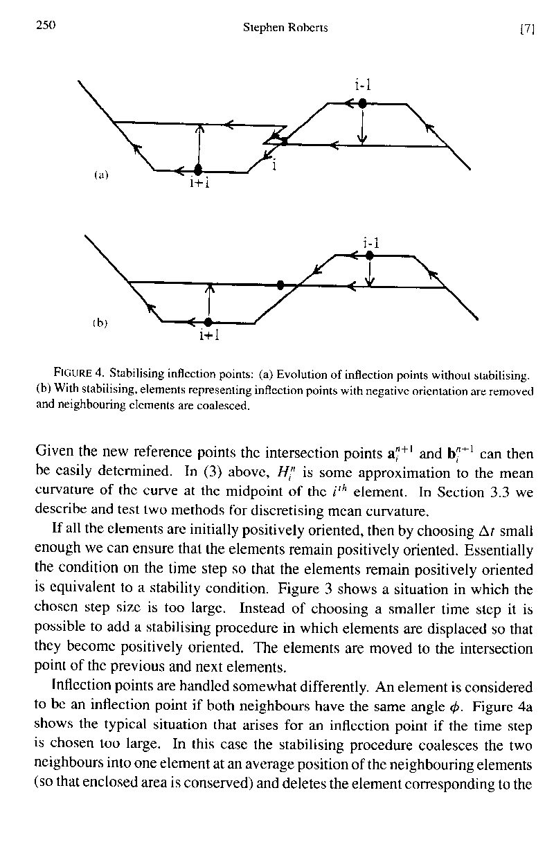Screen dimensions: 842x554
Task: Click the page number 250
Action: point(45,26)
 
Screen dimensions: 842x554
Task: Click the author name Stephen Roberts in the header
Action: point(285,28)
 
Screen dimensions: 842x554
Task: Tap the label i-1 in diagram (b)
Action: point(371,242)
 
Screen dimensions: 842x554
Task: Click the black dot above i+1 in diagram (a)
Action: point(198,169)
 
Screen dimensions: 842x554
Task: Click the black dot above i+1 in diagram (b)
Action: point(208,321)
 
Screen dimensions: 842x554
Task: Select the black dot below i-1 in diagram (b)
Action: point(370,255)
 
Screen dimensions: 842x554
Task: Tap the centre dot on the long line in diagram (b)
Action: point(280,285)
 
